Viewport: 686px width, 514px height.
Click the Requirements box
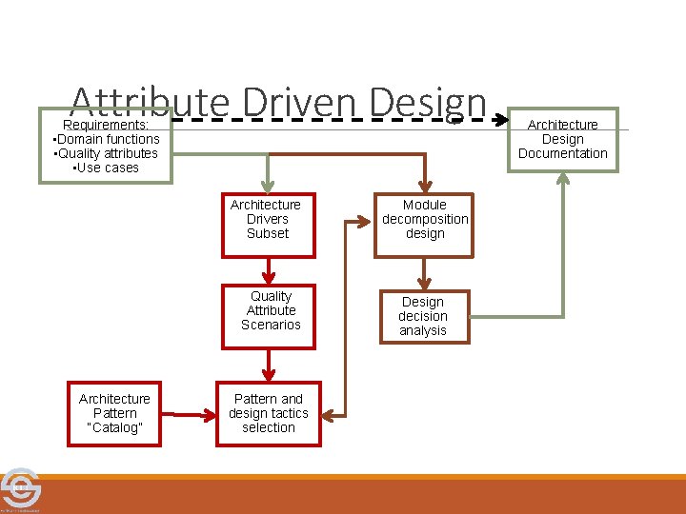(105, 146)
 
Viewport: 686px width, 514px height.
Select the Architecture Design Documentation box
(562, 139)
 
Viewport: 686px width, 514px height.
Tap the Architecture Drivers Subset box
(268, 225)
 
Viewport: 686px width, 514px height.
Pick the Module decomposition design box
(424, 225)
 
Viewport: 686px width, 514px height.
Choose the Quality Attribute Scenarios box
(270, 316)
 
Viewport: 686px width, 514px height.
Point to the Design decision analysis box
(422, 316)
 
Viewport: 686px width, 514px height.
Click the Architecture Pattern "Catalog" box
(114, 413)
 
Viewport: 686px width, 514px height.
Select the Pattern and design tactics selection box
(269, 413)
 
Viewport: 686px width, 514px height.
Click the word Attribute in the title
(150, 103)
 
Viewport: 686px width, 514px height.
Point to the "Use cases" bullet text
(106, 168)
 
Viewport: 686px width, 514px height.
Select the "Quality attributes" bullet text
(107, 153)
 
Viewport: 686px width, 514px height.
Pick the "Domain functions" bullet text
(107, 139)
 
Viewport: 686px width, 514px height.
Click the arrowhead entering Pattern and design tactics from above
(270, 374)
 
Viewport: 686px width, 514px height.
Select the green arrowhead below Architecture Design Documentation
(563, 179)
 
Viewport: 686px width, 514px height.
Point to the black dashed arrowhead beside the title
(502, 121)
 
